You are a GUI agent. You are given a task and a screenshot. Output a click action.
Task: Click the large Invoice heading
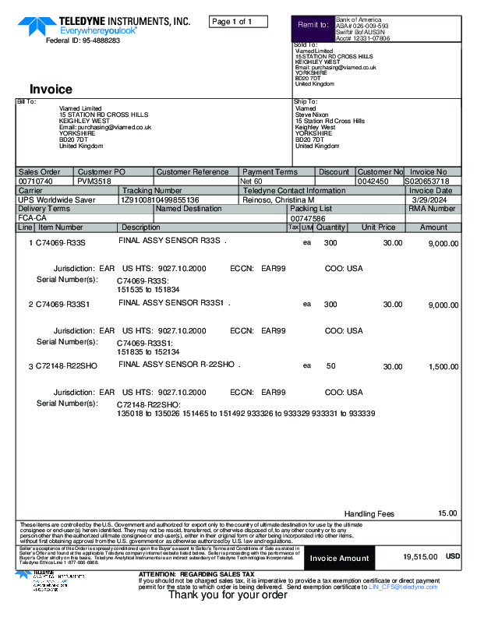pyautogui.click(x=51, y=89)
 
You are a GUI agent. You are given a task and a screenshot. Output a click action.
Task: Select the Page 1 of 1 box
pyautogui.click(x=238, y=21)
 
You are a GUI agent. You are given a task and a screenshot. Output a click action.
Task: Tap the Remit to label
pyautogui.click(x=313, y=26)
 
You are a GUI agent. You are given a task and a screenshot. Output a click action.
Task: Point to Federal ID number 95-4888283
pyautogui.click(x=83, y=41)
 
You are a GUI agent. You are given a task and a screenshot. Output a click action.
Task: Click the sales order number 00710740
pyautogui.click(x=35, y=181)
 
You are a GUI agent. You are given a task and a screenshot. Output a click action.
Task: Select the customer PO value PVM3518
pyautogui.click(x=94, y=181)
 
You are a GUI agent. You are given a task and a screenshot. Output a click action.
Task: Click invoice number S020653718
pyautogui.click(x=428, y=181)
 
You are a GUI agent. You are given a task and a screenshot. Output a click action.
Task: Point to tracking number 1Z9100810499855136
pyautogui.click(x=160, y=199)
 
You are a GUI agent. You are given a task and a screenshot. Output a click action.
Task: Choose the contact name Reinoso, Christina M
pyautogui.click(x=279, y=199)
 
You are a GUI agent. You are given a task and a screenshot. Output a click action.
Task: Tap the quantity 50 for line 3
pyautogui.click(x=330, y=365)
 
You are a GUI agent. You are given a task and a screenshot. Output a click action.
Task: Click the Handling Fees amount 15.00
pyautogui.click(x=447, y=513)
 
